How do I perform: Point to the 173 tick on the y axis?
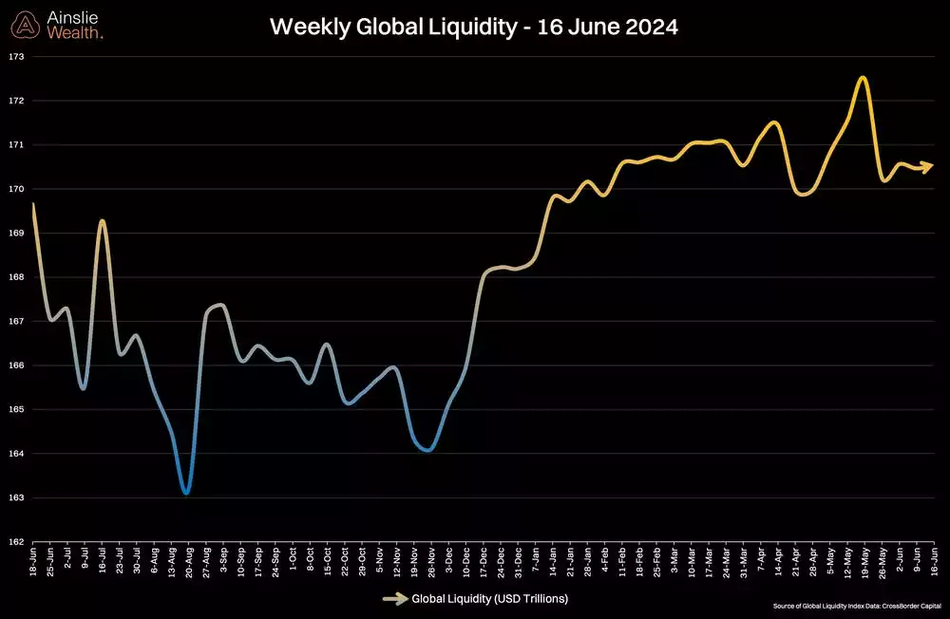tap(16, 56)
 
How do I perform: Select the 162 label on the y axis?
tap(16, 542)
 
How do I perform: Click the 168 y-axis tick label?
tap(16, 277)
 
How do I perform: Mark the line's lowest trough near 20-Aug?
tap(186, 493)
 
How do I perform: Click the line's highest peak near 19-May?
tap(863, 78)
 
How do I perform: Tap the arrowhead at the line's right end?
tap(928, 166)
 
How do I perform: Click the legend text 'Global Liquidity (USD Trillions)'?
tap(489, 599)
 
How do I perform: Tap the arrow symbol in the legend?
tap(394, 599)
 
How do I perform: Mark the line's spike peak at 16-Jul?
tap(102, 221)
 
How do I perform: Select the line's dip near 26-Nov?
tap(429, 450)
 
